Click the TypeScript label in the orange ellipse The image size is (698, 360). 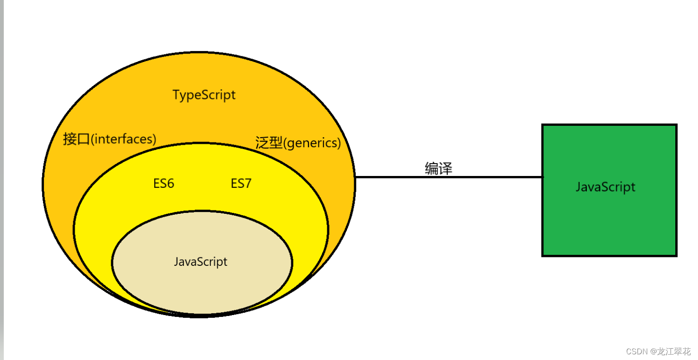(x=204, y=95)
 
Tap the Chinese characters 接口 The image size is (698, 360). (x=76, y=140)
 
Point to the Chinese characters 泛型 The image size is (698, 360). (x=269, y=143)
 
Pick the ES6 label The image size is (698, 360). (x=164, y=184)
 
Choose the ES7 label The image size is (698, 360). (x=241, y=184)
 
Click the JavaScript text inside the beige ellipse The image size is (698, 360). (x=201, y=262)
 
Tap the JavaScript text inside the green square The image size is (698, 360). (x=605, y=187)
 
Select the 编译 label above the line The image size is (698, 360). (x=438, y=168)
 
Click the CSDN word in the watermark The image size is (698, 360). (x=637, y=351)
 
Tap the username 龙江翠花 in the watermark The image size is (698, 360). (x=675, y=351)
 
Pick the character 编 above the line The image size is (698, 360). (x=432, y=168)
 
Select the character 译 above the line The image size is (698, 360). (x=445, y=168)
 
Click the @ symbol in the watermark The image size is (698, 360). (x=654, y=351)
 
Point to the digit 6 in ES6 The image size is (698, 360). (x=170, y=184)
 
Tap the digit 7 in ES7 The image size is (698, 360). (x=247, y=184)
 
